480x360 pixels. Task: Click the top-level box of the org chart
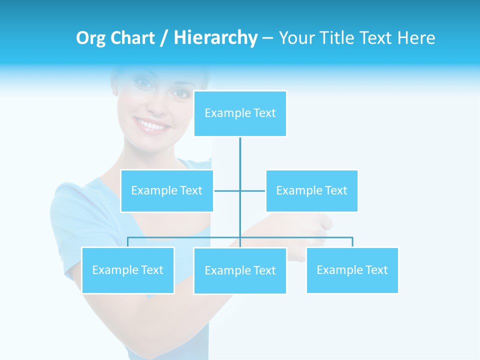click(240, 113)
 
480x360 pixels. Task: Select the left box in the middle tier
click(166, 190)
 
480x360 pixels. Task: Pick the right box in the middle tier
click(311, 190)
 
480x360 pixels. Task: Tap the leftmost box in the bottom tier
click(127, 270)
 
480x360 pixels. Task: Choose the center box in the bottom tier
click(240, 270)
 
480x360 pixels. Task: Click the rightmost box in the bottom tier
click(352, 270)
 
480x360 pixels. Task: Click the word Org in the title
click(90, 38)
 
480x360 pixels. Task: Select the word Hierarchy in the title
click(215, 38)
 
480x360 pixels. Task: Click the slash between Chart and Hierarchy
click(163, 38)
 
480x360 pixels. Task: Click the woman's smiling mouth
click(151, 125)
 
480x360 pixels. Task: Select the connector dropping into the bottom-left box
click(127, 242)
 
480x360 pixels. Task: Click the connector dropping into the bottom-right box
click(352, 242)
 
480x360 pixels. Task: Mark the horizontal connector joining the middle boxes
click(240, 190)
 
